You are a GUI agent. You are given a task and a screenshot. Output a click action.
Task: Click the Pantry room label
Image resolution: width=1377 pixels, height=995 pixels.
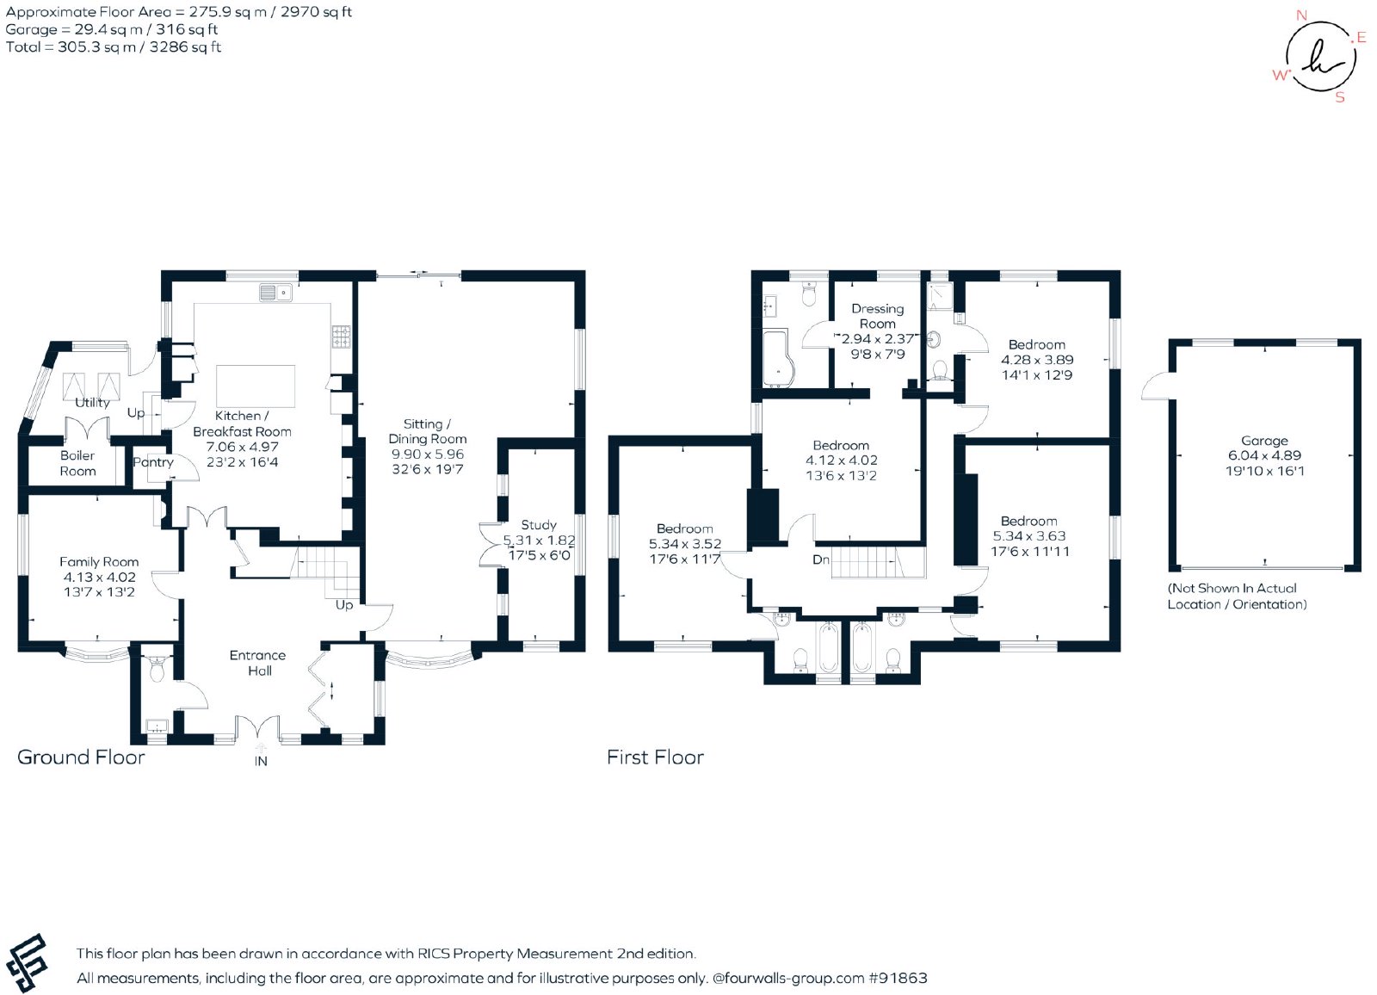coord(153,462)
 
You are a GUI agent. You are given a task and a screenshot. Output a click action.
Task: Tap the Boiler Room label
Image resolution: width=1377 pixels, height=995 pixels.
coord(77,463)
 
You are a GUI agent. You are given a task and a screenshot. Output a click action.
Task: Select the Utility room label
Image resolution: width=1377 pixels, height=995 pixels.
coord(92,403)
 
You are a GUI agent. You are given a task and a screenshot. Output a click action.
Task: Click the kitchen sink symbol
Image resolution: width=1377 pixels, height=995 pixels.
coord(275,293)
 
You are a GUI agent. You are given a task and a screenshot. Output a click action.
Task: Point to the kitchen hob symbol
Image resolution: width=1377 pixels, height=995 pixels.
coord(342,336)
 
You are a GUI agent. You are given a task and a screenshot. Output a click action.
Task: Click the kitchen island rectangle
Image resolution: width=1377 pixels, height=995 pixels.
coord(255,386)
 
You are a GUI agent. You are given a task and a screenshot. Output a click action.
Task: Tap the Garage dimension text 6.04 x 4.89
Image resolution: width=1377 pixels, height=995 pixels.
coord(1264,455)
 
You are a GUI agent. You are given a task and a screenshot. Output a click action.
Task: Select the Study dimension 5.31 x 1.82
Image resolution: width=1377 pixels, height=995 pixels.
coord(539,541)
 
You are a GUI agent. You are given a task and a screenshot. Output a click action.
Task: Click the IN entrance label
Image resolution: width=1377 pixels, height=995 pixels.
coord(261,762)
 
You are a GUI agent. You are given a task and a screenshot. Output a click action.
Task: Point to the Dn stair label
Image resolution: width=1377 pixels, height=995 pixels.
coord(821,559)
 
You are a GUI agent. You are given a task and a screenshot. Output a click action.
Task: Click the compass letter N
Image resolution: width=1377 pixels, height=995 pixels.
coord(1301,15)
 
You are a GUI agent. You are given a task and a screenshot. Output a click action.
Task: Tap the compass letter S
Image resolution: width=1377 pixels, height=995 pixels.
coord(1340,97)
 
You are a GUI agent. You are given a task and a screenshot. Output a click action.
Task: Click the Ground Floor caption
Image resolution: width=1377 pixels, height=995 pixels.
coord(81,757)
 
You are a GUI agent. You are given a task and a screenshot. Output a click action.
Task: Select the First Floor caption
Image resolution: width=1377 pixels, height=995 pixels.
coord(655,757)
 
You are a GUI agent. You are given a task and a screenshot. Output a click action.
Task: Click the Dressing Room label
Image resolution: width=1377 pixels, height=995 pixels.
coord(877,316)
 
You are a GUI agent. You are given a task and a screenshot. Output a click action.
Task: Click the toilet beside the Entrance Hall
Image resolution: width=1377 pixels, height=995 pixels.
coord(157,669)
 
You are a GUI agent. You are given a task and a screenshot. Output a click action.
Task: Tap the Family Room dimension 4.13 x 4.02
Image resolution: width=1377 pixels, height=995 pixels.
coord(99,578)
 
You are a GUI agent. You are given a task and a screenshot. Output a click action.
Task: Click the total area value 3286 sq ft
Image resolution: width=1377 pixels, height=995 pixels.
coord(185,47)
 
